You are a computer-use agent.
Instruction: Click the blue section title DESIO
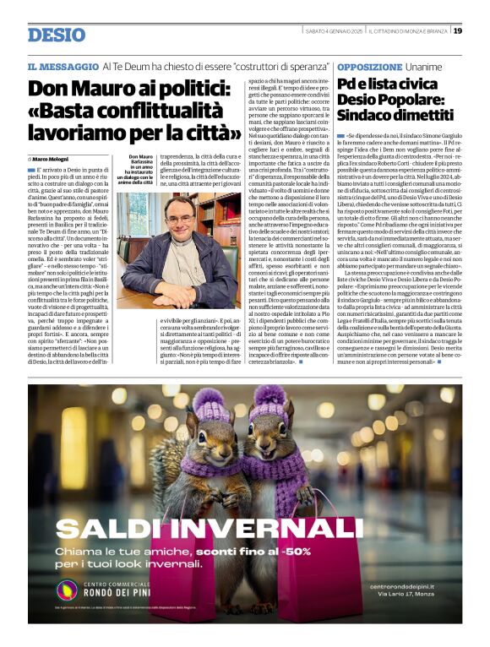coord(57,35)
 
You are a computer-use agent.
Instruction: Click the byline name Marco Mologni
coord(52,159)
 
